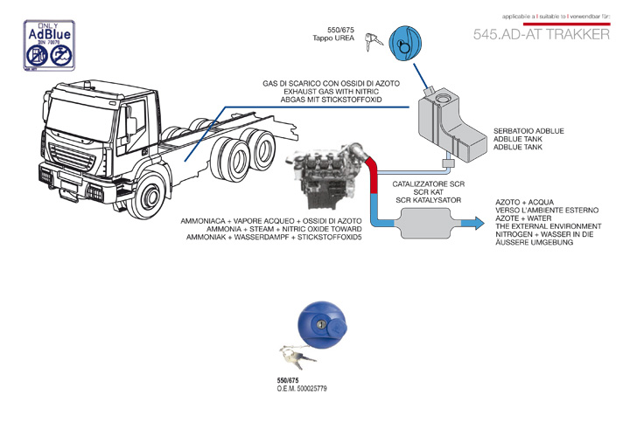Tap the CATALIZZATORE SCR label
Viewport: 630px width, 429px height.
click(x=428, y=185)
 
